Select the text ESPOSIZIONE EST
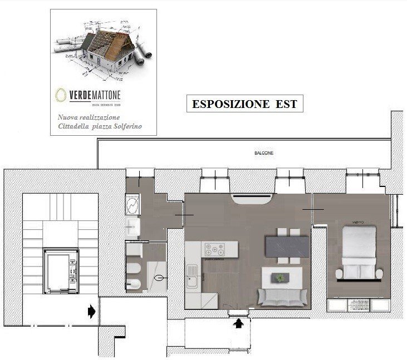244,104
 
